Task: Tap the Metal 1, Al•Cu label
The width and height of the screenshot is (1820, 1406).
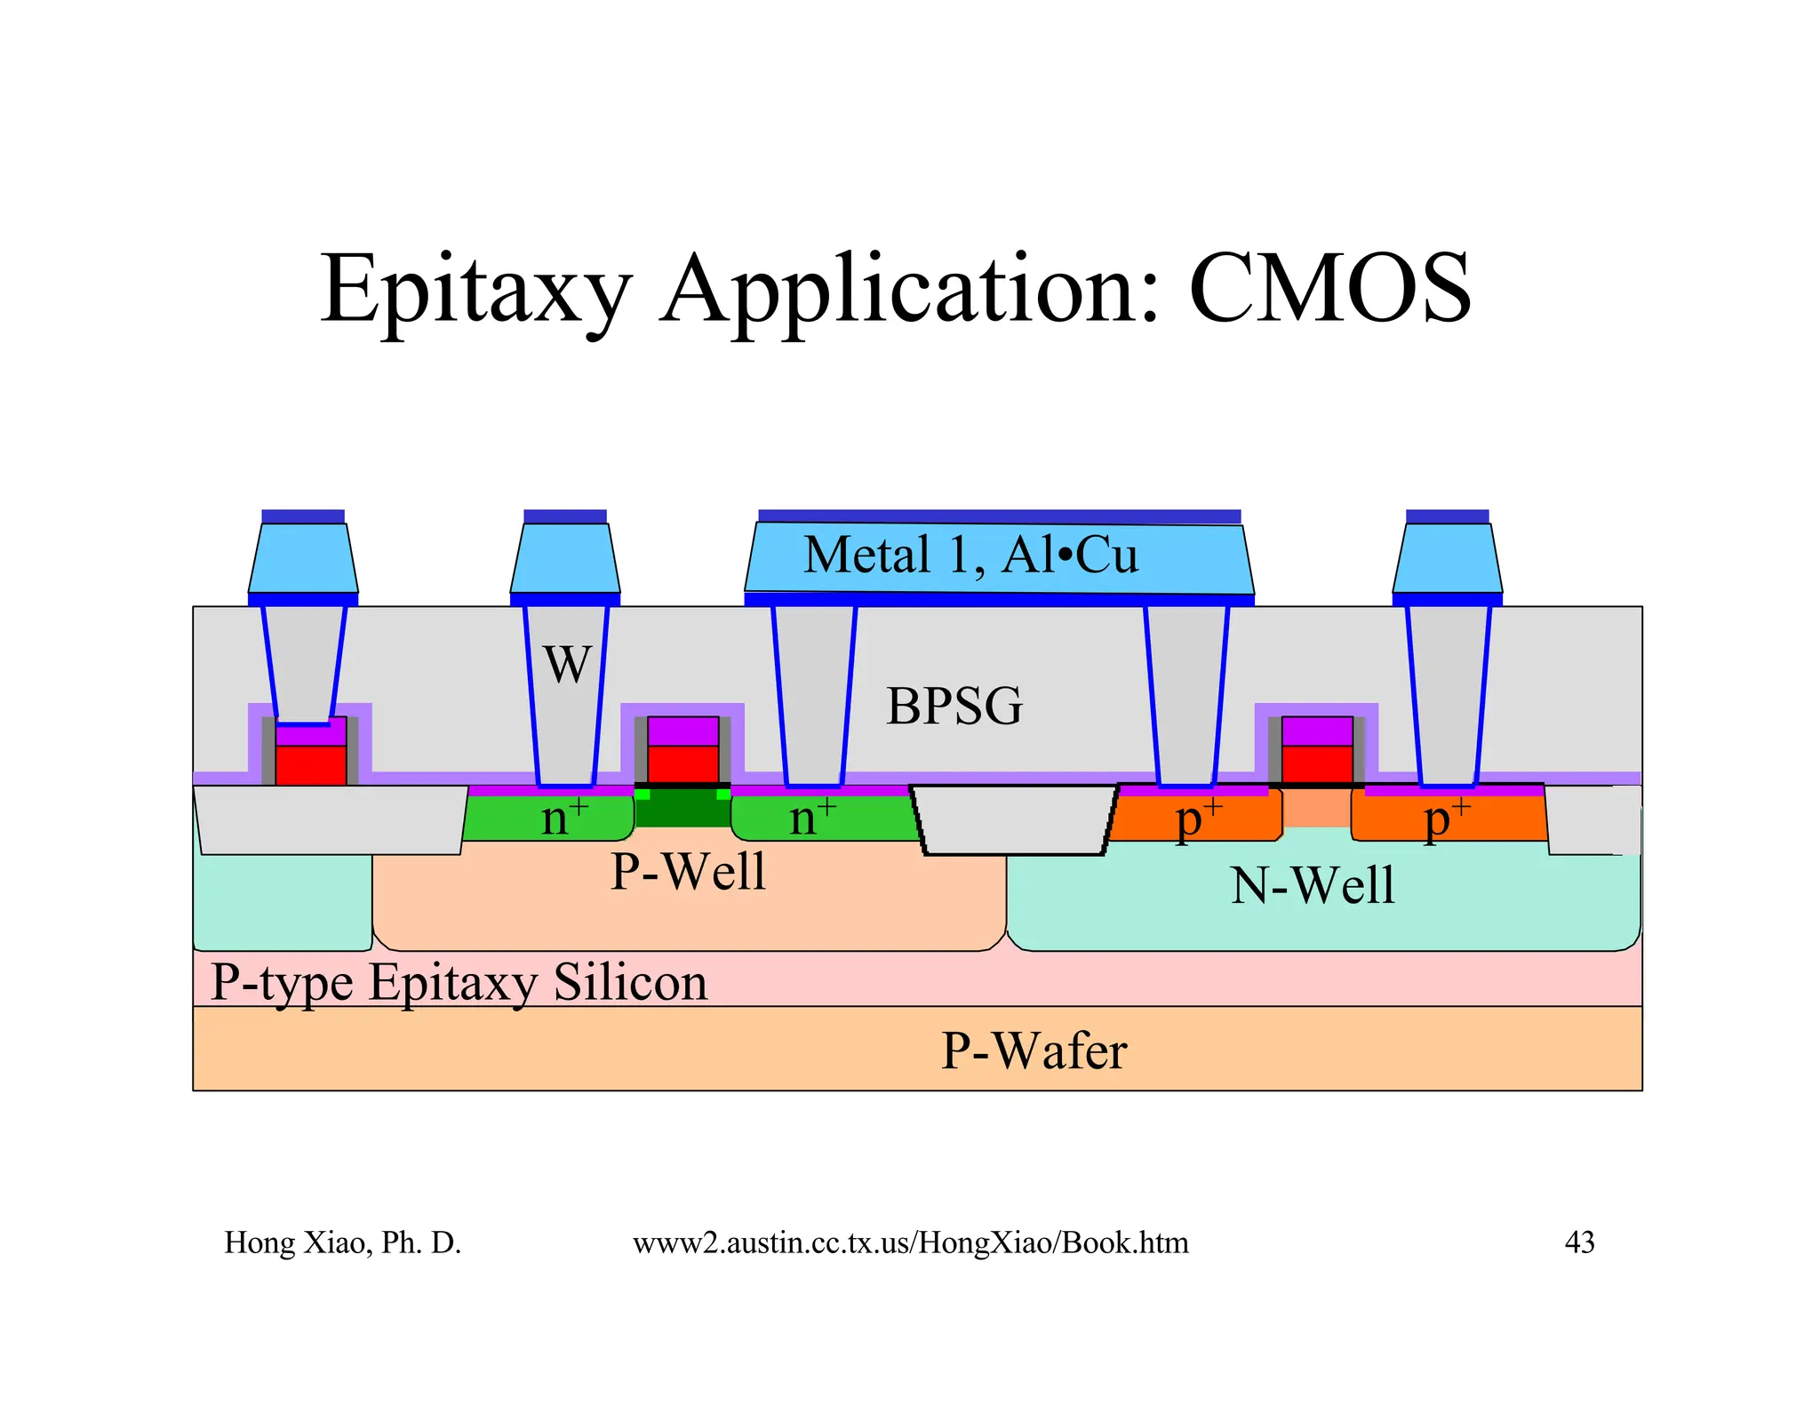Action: [x=970, y=555]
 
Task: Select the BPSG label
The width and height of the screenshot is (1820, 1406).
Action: [x=954, y=707]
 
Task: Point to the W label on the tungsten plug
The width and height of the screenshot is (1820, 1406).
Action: [x=567, y=664]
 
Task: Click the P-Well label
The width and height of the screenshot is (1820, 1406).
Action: [x=688, y=871]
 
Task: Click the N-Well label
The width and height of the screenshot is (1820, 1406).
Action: [x=1313, y=886]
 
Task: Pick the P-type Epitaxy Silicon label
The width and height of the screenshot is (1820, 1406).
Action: [x=459, y=983]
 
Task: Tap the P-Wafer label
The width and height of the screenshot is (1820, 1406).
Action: [x=1034, y=1051]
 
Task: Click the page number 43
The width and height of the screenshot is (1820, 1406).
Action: [x=1579, y=1242]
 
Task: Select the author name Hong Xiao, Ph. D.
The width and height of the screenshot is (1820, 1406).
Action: [x=342, y=1242]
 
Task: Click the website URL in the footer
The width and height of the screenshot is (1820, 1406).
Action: [x=910, y=1242]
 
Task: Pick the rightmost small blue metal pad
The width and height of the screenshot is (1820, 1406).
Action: [x=1447, y=558]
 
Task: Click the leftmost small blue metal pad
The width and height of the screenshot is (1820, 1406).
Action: [x=303, y=558]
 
